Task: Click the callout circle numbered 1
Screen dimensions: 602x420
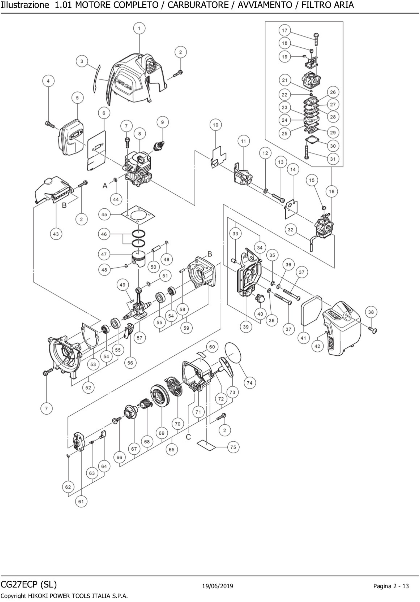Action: point(139,28)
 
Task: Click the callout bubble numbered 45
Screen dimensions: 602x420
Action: point(104,214)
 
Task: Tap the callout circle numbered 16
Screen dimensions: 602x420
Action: point(332,191)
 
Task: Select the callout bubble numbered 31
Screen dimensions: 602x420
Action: point(333,159)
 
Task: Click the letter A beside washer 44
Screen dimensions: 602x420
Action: point(105,186)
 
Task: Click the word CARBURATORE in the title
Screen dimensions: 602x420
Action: point(198,5)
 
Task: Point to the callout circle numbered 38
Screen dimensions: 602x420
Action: point(371,312)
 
